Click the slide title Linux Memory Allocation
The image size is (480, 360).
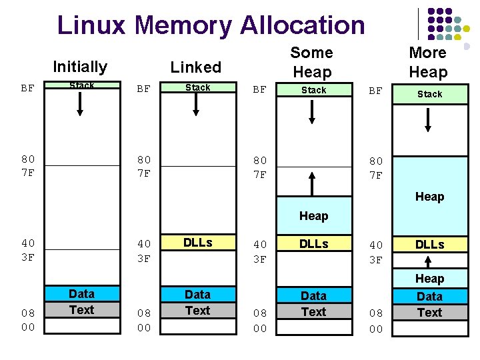(211, 25)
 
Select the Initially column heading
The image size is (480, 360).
(80, 67)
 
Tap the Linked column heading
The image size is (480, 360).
(196, 67)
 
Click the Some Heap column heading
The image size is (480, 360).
(311, 62)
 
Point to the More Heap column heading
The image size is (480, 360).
(428, 62)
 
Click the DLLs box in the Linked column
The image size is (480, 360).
(197, 243)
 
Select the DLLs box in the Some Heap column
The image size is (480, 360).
(313, 244)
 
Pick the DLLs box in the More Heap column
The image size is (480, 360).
(429, 245)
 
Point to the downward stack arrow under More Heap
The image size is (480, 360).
(429, 119)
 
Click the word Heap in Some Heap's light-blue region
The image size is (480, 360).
(313, 216)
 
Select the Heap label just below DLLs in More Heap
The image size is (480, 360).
(429, 279)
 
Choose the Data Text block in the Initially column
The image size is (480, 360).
(81, 301)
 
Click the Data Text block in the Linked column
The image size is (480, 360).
(197, 302)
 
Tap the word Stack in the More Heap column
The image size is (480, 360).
(429, 94)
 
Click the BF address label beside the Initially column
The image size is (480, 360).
(28, 87)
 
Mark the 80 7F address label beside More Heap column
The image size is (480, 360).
(376, 168)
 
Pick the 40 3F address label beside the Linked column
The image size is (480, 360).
(144, 251)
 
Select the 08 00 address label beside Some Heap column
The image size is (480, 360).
(260, 321)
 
